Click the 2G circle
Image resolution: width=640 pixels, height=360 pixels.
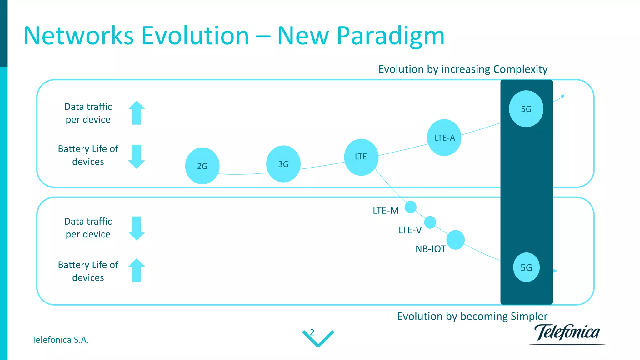coord(202,166)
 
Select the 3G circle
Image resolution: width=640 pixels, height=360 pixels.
coord(283,164)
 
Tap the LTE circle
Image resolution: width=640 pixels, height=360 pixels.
coord(361,157)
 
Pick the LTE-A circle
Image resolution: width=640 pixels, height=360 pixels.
coord(444,137)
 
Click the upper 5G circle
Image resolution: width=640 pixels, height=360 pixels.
coord(526,109)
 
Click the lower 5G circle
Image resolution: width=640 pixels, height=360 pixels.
coord(526,267)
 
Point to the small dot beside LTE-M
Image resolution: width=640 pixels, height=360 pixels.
coord(411,207)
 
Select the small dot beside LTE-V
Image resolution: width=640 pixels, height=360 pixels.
coord(430,222)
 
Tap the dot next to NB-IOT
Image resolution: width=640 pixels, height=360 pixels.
coord(455,240)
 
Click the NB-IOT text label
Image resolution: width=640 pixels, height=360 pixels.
coord(430,249)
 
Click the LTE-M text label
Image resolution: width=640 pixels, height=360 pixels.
coord(386,211)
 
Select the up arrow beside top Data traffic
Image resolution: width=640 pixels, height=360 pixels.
coord(137,112)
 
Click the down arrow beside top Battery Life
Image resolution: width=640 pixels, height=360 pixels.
coord(137,157)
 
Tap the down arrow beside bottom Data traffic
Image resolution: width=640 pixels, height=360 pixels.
coord(137,228)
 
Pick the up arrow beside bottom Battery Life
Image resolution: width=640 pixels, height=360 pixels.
coord(137,270)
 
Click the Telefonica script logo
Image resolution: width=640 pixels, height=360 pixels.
coord(567,333)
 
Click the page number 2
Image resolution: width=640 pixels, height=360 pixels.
coord(312,332)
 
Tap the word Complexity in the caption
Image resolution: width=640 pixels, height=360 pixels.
coord(520,69)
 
